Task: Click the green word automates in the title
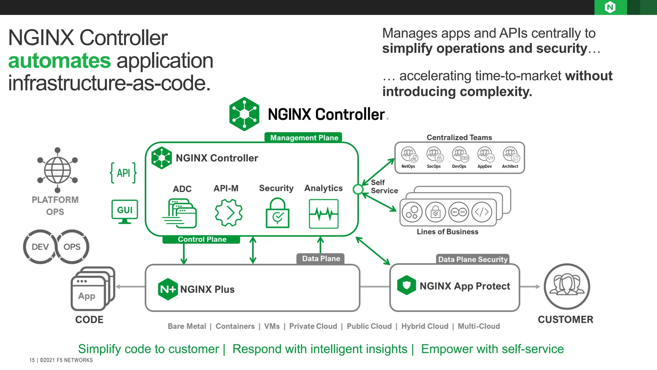coord(59,61)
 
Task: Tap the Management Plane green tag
coord(303,137)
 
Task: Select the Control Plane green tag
coord(202,239)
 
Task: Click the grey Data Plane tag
coord(321,259)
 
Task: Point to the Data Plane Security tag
coord(473,259)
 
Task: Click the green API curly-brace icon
coord(123,173)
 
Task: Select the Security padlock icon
coord(277,213)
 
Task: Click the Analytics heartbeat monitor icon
coord(323,214)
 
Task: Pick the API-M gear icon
coord(228,213)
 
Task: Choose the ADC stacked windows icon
coord(180,213)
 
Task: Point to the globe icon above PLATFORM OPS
coord(57,170)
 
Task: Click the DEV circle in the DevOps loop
coord(40,247)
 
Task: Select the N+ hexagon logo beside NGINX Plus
coord(168,289)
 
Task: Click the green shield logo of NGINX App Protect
coord(406,285)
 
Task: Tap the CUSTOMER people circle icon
coord(567,286)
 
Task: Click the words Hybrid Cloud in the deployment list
coord(424,326)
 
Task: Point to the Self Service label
coord(384,187)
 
